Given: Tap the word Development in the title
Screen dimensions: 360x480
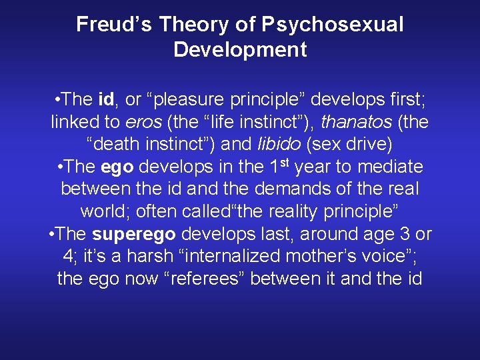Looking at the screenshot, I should (x=240, y=50).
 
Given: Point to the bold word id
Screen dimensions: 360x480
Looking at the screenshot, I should (x=105, y=100).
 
